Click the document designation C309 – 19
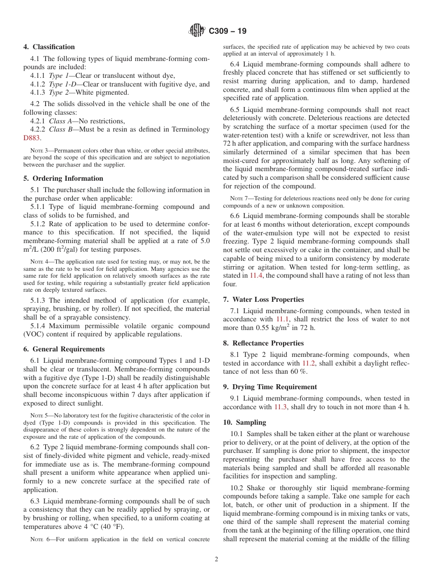[227, 31]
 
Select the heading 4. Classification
[49, 47]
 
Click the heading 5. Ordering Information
[63, 178]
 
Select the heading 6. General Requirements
[64, 349]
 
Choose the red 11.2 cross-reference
[309, 363]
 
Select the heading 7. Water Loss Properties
[263, 300]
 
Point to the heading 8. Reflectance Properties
[263, 343]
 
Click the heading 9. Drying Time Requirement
[270, 387]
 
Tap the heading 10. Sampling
[244, 422]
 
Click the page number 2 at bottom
[216, 559]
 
